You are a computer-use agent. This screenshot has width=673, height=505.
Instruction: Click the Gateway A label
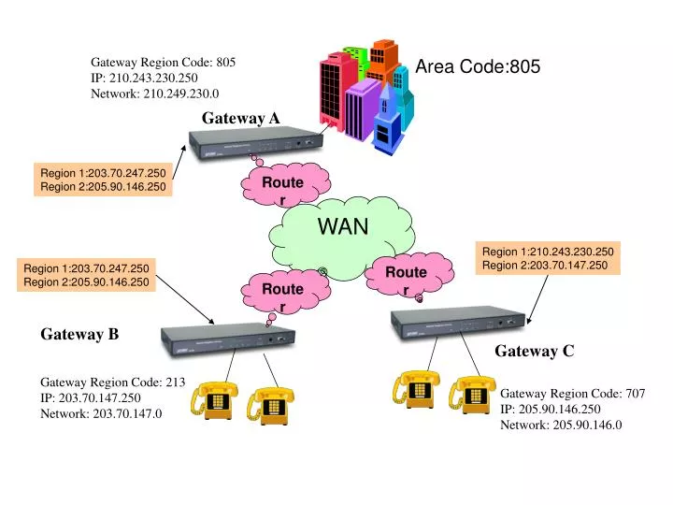[x=241, y=118]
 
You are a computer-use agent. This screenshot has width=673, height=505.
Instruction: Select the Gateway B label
[x=79, y=334]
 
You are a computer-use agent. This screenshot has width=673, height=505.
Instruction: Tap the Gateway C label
[x=535, y=351]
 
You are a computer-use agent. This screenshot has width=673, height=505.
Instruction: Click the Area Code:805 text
[x=478, y=66]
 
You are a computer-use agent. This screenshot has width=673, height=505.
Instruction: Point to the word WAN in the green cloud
[x=343, y=226]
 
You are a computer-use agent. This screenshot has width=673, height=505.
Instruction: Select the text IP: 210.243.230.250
[x=144, y=79]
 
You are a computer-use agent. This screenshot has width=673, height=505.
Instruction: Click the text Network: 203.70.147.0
[x=101, y=412]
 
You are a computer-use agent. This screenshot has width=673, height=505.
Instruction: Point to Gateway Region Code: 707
[x=572, y=394]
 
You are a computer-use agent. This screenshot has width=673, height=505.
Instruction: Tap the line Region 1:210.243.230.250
[x=548, y=251]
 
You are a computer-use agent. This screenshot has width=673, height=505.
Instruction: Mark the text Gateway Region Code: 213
[x=112, y=382]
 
